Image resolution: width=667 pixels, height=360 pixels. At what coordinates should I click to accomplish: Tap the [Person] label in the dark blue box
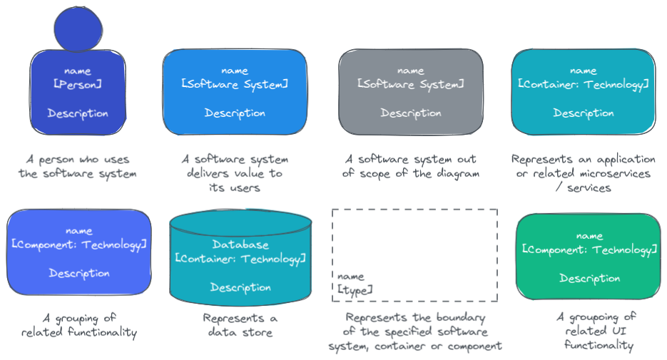coord(78,84)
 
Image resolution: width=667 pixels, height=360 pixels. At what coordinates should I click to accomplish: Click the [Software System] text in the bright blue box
coord(235,84)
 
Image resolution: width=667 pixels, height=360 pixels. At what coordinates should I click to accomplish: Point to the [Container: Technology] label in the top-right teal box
coord(584,84)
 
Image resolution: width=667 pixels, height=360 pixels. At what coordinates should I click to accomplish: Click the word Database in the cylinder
coord(240,245)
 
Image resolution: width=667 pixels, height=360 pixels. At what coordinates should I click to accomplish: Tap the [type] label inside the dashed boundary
coord(355,289)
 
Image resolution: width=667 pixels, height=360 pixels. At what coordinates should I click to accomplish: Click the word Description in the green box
coord(589,279)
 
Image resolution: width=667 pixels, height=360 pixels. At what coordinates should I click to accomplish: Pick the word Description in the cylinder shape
coord(240,287)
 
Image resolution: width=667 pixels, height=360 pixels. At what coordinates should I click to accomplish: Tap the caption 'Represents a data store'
coord(240,325)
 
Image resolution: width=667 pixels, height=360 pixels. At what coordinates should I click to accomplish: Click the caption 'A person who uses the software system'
coord(78,167)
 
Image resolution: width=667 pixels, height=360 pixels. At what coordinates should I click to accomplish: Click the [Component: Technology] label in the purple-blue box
coord(79,245)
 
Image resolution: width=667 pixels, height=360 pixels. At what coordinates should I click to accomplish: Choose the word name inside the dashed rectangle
coord(350,276)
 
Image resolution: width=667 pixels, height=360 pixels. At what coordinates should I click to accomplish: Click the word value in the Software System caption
coord(243,173)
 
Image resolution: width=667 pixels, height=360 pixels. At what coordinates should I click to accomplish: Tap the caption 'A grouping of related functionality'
coord(79,325)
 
